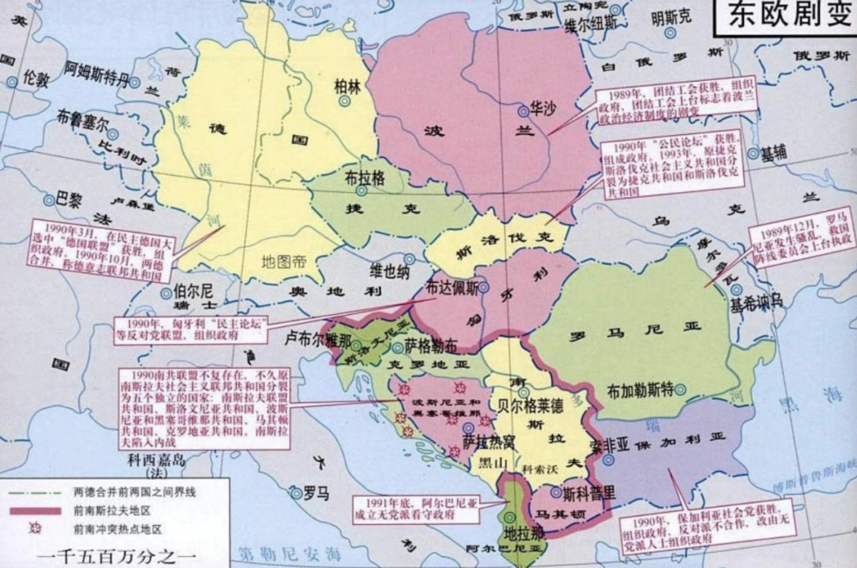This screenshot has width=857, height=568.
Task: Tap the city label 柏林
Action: tap(348, 87)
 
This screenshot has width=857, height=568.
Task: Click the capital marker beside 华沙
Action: tap(523, 112)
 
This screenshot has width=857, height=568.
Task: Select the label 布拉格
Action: tap(364, 178)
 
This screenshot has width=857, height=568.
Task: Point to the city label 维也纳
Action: tap(389, 271)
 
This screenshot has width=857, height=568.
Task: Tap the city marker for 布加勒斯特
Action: tap(680, 389)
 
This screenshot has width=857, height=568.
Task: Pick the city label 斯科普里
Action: tap(589, 493)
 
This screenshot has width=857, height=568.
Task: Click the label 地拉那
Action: tap(523, 534)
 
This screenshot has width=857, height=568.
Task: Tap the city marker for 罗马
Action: tap(297, 494)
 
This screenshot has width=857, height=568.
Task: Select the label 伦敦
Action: tap(36, 79)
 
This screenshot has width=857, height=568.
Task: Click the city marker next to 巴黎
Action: tap(50, 200)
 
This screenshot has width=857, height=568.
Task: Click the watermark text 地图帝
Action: tap(284, 262)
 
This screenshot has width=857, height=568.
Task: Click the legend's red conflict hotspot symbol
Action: tap(35, 529)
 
